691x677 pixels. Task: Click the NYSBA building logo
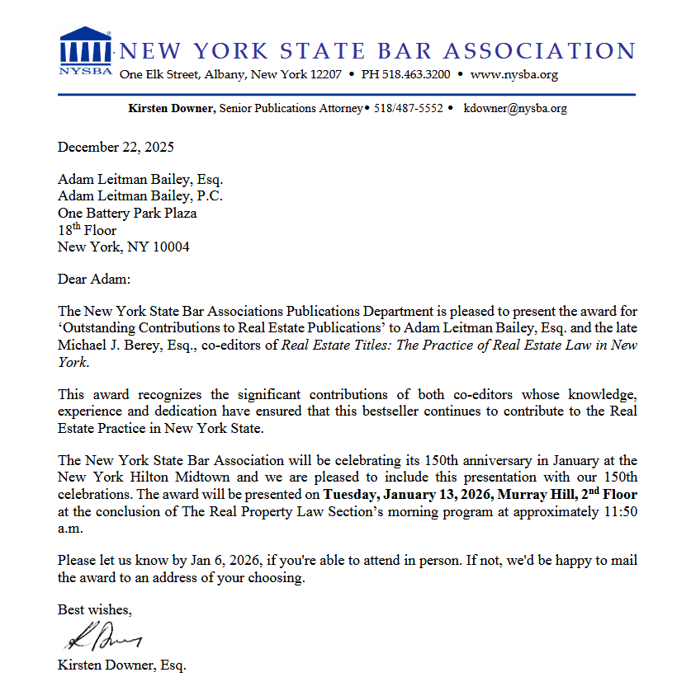[85, 49]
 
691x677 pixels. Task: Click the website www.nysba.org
[514, 75]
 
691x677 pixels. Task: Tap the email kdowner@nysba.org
[515, 108]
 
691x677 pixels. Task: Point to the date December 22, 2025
[116, 148]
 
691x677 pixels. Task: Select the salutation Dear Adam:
[94, 279]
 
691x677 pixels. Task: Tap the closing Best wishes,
[94, 609]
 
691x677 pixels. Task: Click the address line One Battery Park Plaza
[127, 213]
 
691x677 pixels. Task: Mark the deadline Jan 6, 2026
[225, 561]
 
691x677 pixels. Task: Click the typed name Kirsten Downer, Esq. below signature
[121, 664]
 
